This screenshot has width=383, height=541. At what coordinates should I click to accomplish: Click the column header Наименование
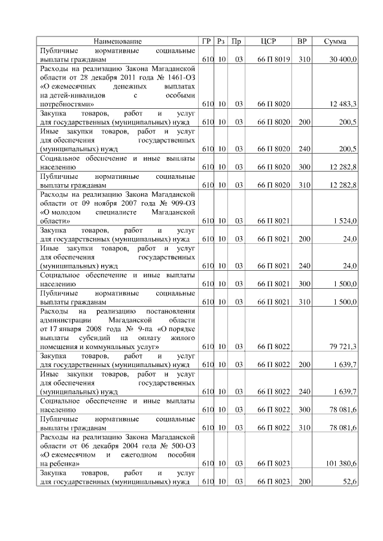[117, 41]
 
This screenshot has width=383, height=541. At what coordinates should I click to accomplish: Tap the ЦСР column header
[269, 41]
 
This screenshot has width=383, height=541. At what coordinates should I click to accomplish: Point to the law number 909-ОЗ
[178, 194]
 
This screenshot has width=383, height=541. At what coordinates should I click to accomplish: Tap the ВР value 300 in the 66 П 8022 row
[304, 409]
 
